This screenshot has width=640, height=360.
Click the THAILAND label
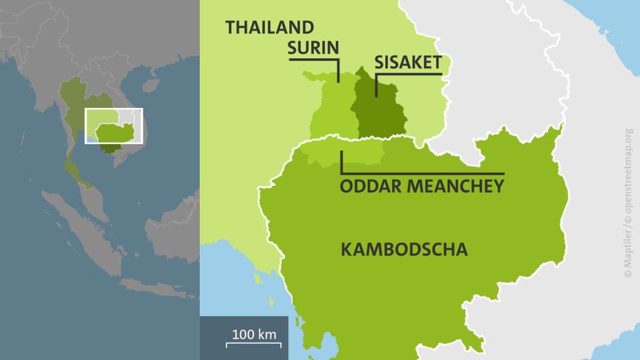[269, 27]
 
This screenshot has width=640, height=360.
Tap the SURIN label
[313, 47]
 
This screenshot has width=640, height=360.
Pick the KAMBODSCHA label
[403, 250]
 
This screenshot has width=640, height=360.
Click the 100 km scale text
[254, 333]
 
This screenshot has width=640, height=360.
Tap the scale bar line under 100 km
[253, 343]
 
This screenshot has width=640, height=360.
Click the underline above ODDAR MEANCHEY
[427, 173]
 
